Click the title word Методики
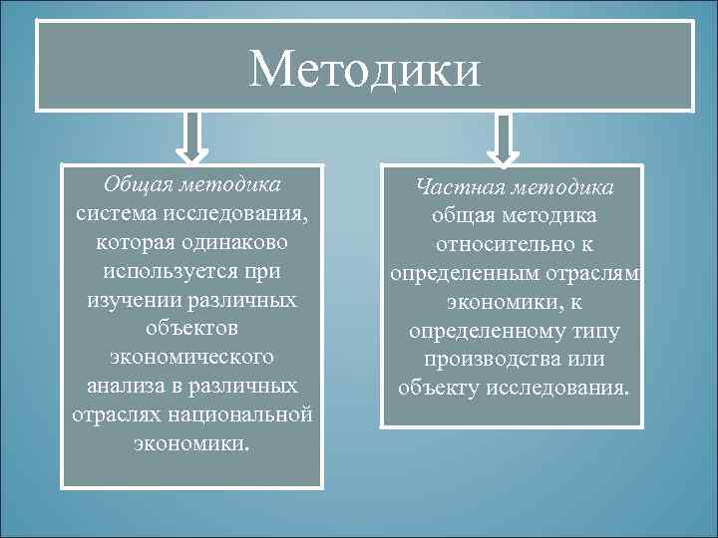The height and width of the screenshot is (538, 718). click(365, 69)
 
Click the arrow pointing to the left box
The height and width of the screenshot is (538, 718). click(191, 136)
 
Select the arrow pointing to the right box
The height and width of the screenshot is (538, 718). click(504, 138)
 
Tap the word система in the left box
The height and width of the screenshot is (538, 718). click(118, 213)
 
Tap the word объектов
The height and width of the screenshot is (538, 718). click(192, 328)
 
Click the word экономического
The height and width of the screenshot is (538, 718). click(192, 357)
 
